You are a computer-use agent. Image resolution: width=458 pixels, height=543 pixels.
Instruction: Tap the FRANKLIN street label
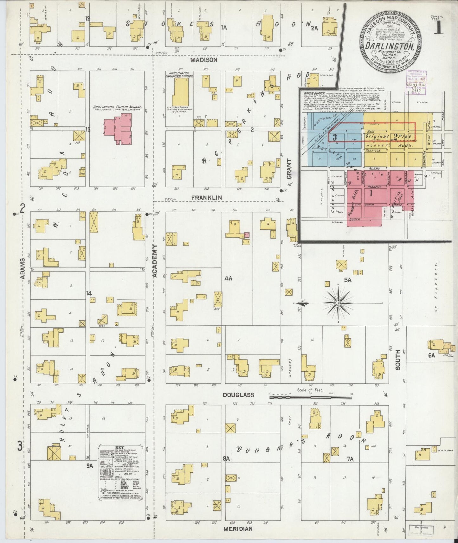click(206, 198)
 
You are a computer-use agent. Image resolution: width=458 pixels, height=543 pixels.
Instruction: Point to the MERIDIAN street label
click(237, 529)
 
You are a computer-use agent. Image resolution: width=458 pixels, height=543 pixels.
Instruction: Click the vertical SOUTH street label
click(398, 360)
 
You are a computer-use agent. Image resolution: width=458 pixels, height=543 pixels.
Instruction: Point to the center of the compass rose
click(338, 303)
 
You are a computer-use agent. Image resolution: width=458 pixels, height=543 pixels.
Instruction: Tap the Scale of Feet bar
click(310, 396)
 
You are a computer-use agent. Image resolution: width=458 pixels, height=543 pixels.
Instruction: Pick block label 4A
click(229, 278)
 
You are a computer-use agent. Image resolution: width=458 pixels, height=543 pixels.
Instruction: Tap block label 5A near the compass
click(348, 280)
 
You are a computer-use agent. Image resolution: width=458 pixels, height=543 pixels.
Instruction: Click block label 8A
click(226, 458)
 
